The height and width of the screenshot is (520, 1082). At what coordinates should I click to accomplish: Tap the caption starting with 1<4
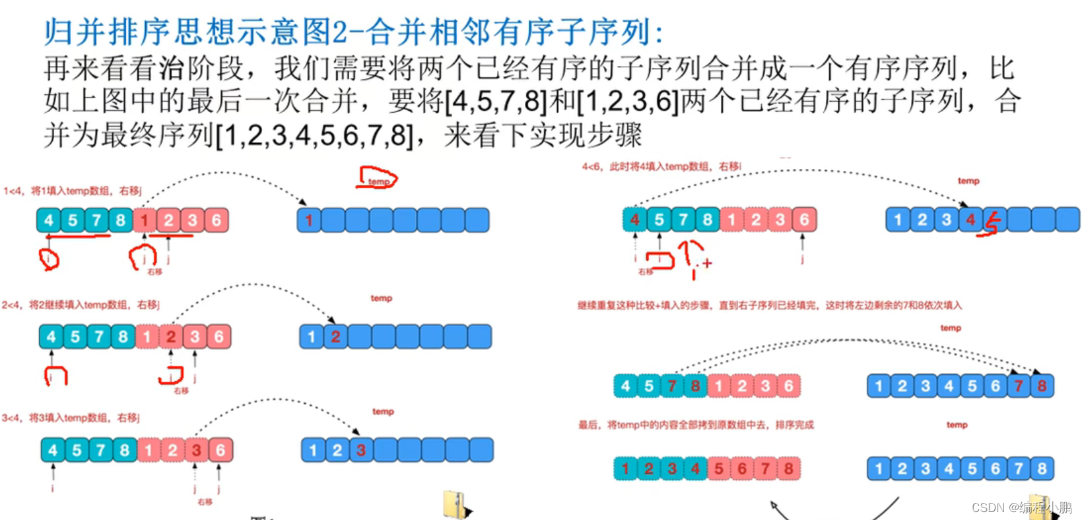tap(73, 191)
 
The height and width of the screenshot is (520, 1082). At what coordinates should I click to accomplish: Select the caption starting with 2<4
tap(81, 305)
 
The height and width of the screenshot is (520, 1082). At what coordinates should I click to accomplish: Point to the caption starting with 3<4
tap(71, 418)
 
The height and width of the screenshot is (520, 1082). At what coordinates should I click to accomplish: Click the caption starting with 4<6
tap(661, 167)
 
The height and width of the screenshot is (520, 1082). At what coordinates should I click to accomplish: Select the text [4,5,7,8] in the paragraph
tap(496, 102)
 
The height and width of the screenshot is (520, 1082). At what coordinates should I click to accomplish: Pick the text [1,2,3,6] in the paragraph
tap(628, 102)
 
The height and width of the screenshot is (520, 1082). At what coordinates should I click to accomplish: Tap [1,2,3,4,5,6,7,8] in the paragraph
tap(315, 136)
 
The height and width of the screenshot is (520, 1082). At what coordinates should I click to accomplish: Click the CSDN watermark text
tap(1021, 507)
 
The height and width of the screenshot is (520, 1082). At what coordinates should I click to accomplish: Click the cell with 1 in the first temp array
tap(309, 220)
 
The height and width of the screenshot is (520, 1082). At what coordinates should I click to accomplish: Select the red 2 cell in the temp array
tap(335, 337)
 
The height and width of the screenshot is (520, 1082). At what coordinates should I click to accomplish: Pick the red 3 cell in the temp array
tap(360, 450)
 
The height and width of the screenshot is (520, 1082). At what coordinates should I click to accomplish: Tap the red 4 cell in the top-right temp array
tap(970, 220)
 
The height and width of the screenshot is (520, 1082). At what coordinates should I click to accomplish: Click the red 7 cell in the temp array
tap(1019, 386)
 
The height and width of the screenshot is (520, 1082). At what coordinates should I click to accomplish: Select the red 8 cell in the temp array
tap(1042, 386)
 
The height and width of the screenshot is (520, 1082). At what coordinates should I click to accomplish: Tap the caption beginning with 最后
tap(696, 425)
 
